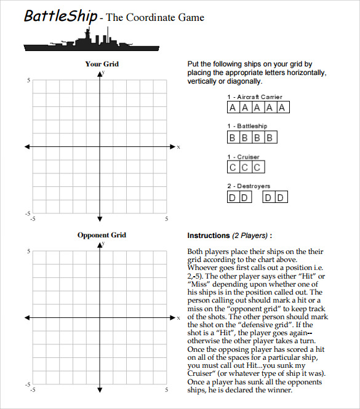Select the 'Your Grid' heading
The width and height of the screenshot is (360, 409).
click(102, 64)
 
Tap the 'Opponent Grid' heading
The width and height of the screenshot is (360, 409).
click(102, 235)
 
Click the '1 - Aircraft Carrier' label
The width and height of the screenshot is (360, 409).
click(254, 97)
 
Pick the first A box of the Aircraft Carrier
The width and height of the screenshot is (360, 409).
click(233, 108)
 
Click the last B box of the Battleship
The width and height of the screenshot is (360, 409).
click(269, 138)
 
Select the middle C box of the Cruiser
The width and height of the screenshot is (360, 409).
click(245, 167)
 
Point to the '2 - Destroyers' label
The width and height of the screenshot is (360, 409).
click(248, 186)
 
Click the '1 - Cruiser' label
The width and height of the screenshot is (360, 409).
click(243, 157)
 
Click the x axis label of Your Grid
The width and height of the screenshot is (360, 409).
click(178, 147)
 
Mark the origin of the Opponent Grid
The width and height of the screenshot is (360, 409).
click(100, 317)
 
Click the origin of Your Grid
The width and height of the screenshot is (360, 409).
click(100, 146)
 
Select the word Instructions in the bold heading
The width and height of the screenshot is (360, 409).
click(208, 236)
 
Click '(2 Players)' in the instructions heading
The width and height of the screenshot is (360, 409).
click(250, 236)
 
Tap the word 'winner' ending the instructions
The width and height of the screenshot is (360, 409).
click(278, 390)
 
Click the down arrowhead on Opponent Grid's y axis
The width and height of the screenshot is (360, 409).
click(100, 389)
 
